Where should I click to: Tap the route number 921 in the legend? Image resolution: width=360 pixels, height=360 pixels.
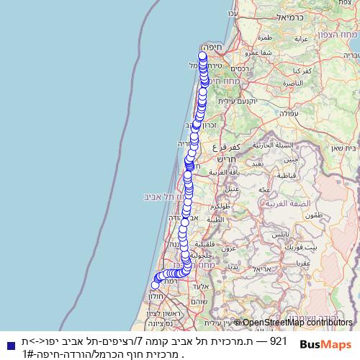point(279,341)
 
